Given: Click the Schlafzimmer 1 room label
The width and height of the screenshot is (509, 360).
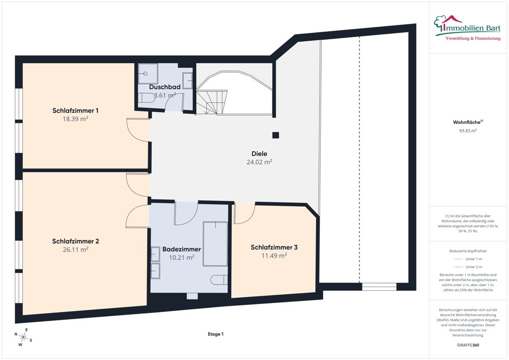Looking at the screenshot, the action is tap(75, 110).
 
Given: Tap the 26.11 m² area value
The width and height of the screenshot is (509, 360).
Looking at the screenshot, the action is tap(75, 250).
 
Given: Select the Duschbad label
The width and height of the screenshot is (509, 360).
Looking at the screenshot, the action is tap(164, 87).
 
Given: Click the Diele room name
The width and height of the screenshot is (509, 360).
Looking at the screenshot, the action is tap(260, 154).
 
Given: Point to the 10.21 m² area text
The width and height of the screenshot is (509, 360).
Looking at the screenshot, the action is tap(182, 258).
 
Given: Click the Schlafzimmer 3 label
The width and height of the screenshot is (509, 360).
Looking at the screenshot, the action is tap(274, 247).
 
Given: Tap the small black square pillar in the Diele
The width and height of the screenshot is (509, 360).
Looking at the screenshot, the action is tap(275, 135).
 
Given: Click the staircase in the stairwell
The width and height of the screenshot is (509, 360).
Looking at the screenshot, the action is tap(212, 102).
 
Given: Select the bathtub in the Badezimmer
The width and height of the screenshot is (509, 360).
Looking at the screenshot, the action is tap(215, 244).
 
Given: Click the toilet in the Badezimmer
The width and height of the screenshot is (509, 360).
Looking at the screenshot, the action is tap(219, 280).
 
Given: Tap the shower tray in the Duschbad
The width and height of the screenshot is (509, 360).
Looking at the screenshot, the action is tap(148, 73).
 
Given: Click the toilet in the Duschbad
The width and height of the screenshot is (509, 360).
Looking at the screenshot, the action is tap(147, 98).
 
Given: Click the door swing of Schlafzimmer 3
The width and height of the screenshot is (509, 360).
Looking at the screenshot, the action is tap(244, 213).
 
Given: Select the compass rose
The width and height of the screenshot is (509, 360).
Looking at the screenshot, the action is tap(23, 337).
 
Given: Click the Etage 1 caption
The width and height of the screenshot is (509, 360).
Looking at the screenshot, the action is tap(215, 334).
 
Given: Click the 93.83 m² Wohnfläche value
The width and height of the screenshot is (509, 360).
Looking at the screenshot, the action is tap(468, 131).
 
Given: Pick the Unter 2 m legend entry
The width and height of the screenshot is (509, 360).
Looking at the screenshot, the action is tap(468, 267).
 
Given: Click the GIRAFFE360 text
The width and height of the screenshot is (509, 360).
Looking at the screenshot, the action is tap(468, 345).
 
